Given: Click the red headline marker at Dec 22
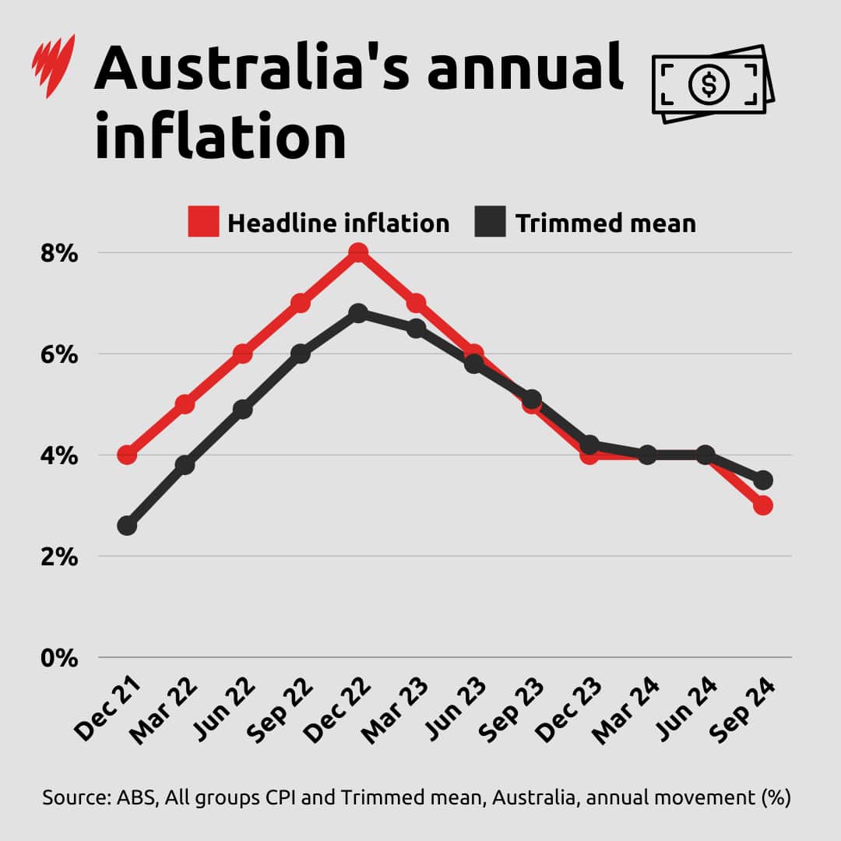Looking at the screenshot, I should [358, 253].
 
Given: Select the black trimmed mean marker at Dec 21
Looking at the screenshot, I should [127, 526].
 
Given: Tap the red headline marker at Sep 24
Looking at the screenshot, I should [763, 505].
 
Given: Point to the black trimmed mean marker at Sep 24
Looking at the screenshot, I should [763, 480].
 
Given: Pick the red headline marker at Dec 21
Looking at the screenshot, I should [127, 455].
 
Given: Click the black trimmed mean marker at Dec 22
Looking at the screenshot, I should [358, 313].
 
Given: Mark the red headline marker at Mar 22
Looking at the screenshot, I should [185, 404].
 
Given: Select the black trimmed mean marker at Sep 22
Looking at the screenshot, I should [301, 354].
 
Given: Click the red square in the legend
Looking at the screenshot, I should [203, 222].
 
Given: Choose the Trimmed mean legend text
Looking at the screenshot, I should [605, 223].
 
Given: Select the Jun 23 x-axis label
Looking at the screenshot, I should [457, 709].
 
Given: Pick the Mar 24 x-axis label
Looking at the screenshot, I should [629, 709].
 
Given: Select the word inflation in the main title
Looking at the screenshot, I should [220, 135].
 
